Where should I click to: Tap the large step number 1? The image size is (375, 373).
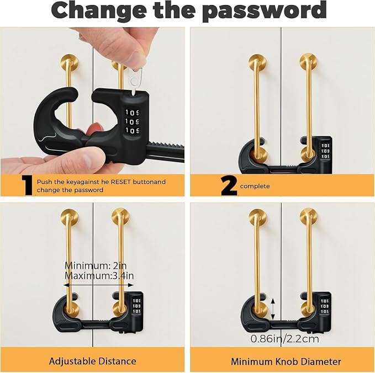[x=27, y=185]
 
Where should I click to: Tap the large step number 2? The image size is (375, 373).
[x=229, y=185]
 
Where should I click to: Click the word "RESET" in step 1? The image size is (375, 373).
[x=121, y=182]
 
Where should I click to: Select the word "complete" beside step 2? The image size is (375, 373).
[x=255, y=186]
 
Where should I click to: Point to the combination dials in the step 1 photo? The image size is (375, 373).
[x=132, y=121]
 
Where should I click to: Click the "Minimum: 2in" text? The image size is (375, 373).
[x=96, y=265]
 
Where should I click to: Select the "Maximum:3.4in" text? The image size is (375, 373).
[x=99, y=276]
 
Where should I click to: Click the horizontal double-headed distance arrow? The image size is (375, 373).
[x=98, y=285]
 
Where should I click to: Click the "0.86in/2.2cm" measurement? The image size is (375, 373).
[x=285, y=339]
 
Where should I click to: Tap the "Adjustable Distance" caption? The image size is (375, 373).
[x=93, y=361]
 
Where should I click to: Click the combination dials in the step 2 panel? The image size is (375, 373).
[x=325, y=151]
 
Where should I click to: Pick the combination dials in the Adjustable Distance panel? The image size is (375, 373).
[x=137, y=306]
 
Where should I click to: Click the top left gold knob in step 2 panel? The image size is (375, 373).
[x=257, y=62]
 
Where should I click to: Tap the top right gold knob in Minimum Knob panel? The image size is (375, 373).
[x=309, y=217]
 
